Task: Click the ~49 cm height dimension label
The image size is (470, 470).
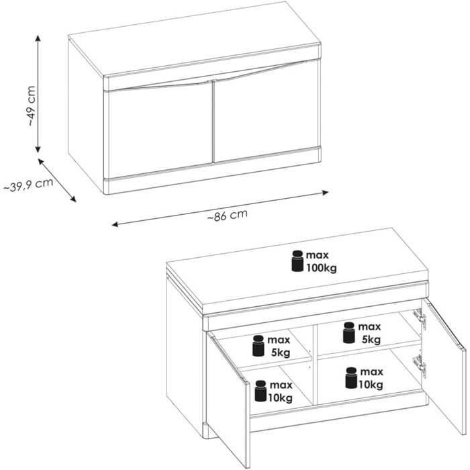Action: click(31, 106)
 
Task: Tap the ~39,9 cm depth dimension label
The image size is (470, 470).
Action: click(28, 185)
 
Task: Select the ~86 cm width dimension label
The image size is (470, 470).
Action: click(228, 215)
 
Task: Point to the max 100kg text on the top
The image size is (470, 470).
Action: click(321, 262)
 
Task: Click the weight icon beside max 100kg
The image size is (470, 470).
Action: click(297, 261)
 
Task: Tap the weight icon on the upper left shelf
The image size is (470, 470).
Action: click(258, 346)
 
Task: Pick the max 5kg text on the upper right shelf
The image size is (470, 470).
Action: click(369, 333)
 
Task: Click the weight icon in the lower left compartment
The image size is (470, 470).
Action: click(261, 391)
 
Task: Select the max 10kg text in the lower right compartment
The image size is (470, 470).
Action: click(371, 378)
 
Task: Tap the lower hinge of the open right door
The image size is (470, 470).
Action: click(419, 364)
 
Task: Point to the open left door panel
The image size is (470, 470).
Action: click(228, 399)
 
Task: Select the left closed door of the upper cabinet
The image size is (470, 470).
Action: click(160, 131)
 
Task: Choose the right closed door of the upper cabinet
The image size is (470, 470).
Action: click(266, 111)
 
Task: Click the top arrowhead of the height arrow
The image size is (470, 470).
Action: click(38, 38)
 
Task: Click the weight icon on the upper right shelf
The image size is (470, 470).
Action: click(349, 332)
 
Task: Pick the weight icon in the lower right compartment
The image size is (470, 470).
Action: click(351, 377)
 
